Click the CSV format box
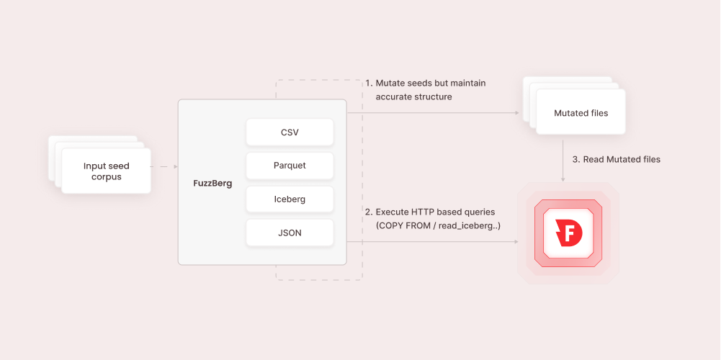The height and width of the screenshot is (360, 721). tap(290, 132)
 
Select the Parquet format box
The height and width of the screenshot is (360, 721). tap(290, 166)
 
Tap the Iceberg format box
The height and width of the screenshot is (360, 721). tap(290, 199)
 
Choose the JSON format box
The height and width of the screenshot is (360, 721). tap(290, 233)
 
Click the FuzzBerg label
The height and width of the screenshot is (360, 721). tap(212, 183)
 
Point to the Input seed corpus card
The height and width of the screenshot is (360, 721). tap(106, 171)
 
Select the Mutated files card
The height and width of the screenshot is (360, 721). tap(581, 113)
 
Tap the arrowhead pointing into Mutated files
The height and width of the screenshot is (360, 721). tap(516, 113)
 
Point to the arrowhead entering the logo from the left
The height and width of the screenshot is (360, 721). tap(516, 241)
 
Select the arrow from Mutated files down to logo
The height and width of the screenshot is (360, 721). tap(563, 160)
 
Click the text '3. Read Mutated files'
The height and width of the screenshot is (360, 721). tap(616, 159)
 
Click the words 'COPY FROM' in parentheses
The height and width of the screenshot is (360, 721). tap(404, 226)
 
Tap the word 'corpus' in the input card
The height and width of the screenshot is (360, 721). tap(106, 177)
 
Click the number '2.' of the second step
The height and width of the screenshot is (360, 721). tap(369, 212)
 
